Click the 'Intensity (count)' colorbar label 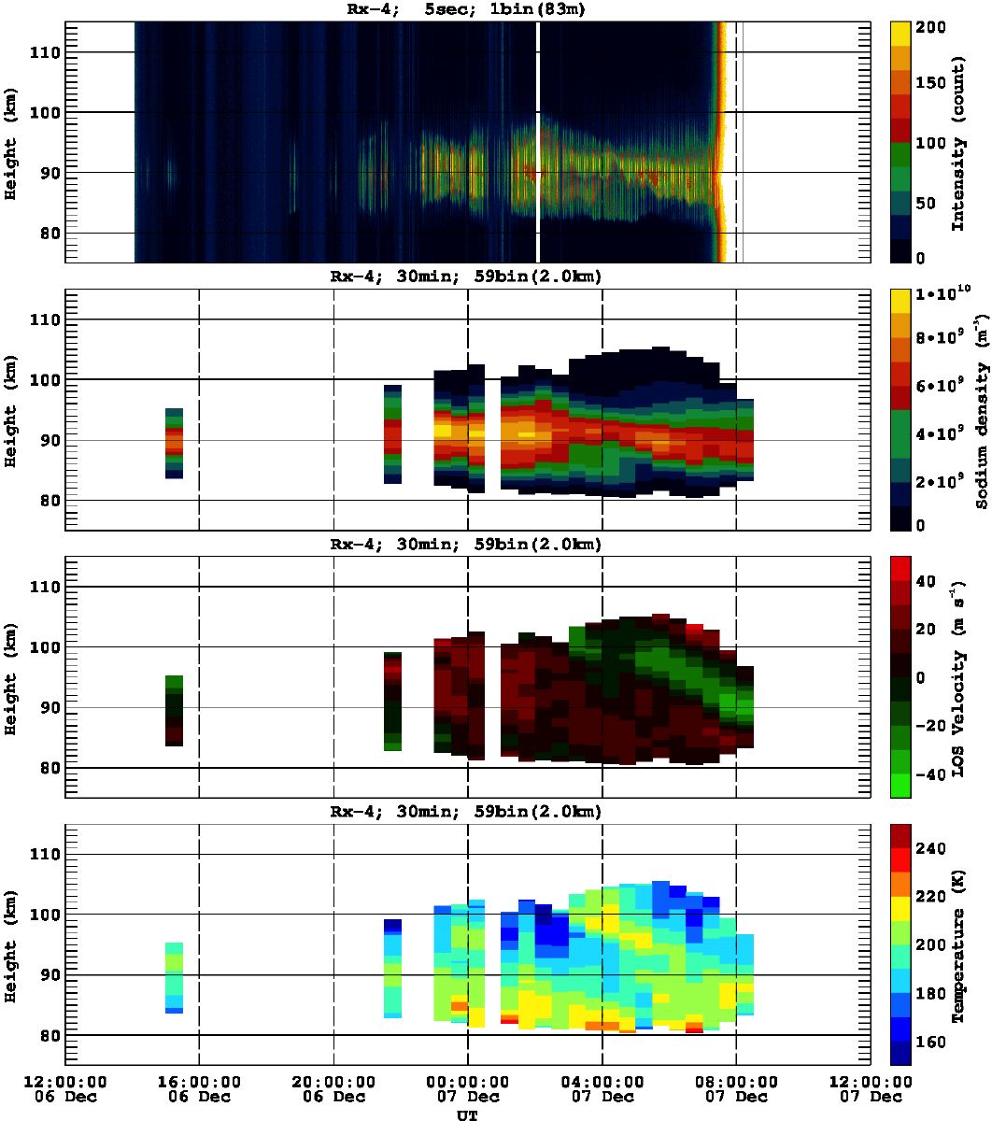[957, 141]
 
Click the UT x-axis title [466, 1114]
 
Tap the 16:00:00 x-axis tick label [199, 1081]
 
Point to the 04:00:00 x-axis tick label [602, 1081]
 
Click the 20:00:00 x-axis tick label [333, 1081]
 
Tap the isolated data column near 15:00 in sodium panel [174, 443]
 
